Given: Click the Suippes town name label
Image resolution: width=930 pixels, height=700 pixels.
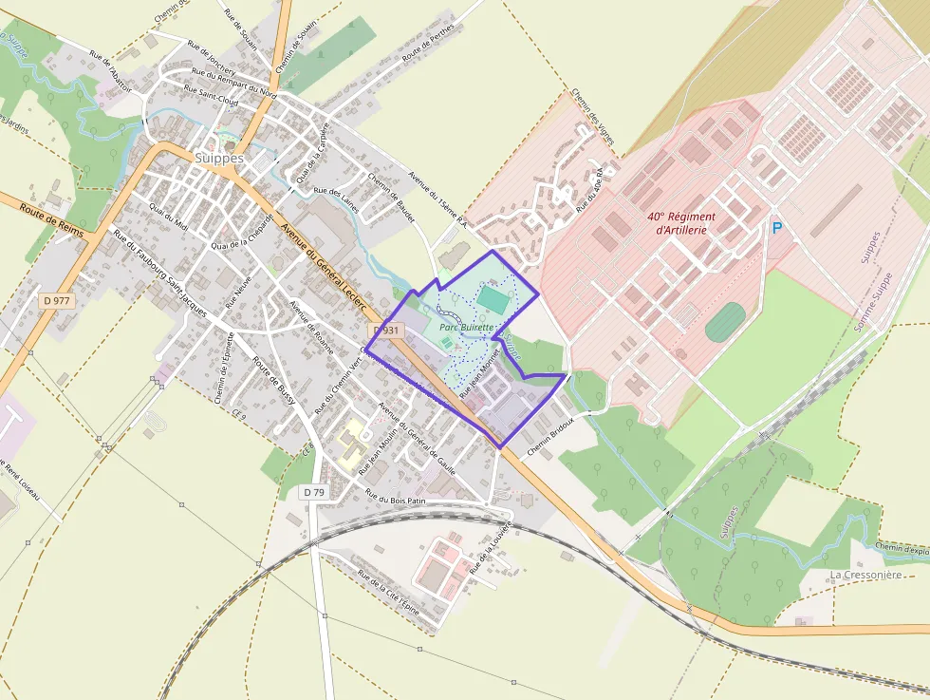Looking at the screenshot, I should click(x=218, y=158).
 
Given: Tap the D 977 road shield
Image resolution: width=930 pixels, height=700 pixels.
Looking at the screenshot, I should click(x=57, y=301).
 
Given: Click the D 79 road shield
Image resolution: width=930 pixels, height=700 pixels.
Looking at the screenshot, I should click(x=314, y=492).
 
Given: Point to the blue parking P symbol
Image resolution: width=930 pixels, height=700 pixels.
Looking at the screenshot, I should click(x=777, y=229).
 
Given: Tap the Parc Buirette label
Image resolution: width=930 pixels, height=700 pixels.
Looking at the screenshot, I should click(x=467, y=328).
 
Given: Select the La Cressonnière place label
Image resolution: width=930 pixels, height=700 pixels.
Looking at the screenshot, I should click(x=865, y=575).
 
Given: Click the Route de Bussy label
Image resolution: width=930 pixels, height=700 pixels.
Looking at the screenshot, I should click(x=274, y=382).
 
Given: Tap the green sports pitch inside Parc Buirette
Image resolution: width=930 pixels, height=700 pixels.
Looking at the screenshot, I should click(x=493, y=299).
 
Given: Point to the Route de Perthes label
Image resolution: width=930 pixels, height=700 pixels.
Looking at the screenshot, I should click(x=428, y=42).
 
